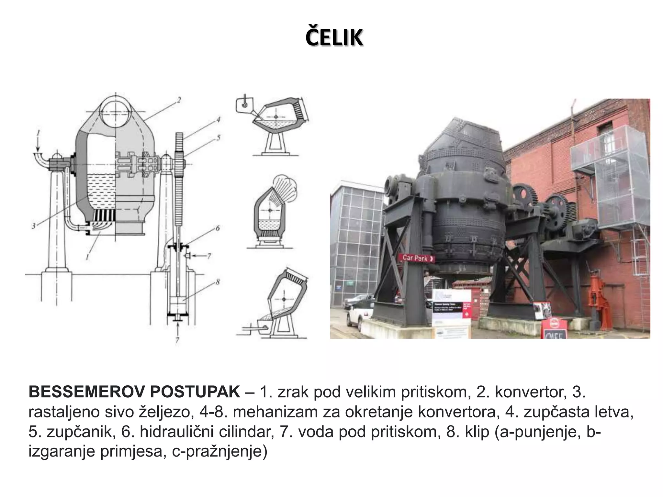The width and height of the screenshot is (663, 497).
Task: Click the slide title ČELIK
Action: [x=334, y=38]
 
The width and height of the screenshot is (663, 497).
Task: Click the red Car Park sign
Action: [x=418, y=258]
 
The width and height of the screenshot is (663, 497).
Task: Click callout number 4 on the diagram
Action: [x=218, y=120]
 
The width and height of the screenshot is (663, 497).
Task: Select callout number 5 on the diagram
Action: [x=218, y=138]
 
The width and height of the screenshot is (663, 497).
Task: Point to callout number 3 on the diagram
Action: [x=33, y=226]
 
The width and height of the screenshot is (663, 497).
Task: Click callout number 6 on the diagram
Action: [x=218, y=228]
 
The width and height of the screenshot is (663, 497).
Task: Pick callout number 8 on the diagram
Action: [x=218, y=282]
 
